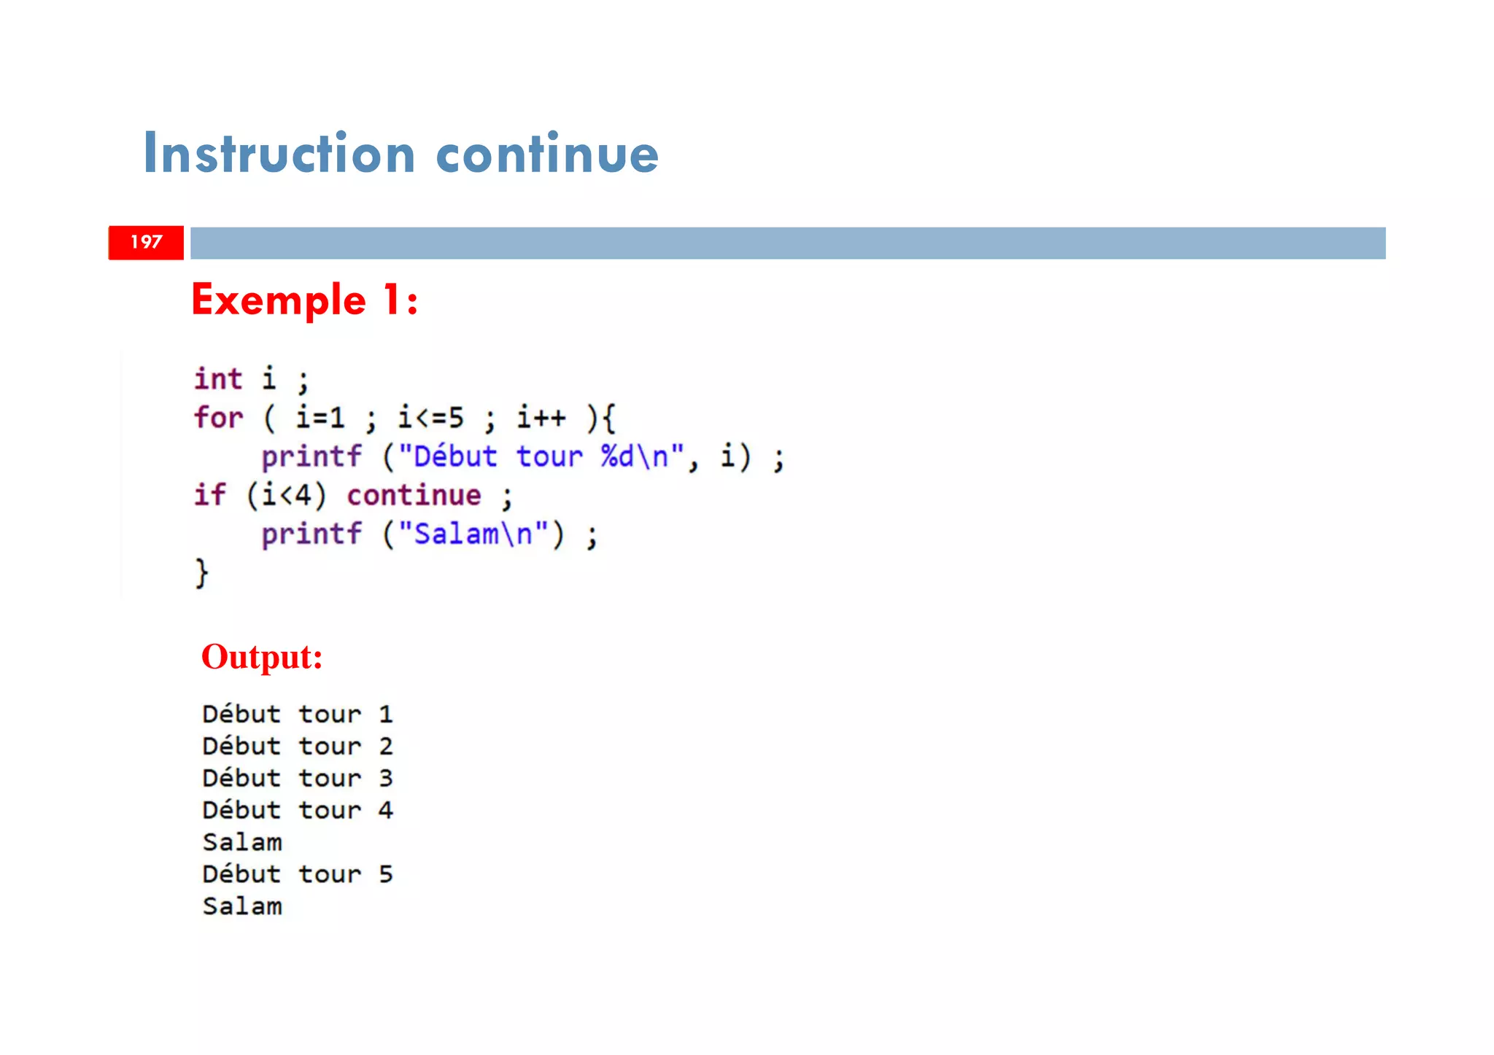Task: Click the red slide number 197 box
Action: click(x=146, y=243)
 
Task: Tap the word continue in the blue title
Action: click(x=547, y=154)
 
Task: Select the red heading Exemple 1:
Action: click(x=304, y=300)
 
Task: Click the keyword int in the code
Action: click(x=217, y=379)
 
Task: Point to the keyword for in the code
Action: click(x=217, y=418)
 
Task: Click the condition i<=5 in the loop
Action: click(x=430, y=418)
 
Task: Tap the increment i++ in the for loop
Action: click(x=541, y=418)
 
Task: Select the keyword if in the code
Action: click(x=209, y=495)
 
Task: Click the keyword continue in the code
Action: click(x=414, y=495)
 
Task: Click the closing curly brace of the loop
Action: click(x=201, y=572)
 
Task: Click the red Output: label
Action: click(x=262, y=656)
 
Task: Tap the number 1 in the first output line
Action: click(x=386, y=714)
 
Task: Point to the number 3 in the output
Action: click(x=386, y=778)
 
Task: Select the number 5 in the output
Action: click(x=386, y=874)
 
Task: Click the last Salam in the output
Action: click(x=242, y=906)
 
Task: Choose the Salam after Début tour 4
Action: click(x=242, y=842)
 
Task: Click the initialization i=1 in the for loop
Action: click(x=320, y=418)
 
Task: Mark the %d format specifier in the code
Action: click(x=617, y=456)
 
